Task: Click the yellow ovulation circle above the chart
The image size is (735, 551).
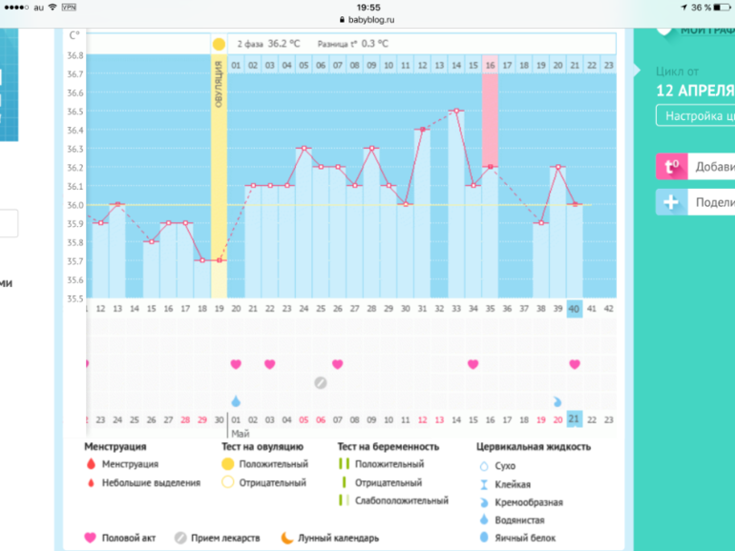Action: click(x=219, y=44)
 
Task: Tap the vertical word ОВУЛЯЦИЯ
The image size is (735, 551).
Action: click(x=219, y=84)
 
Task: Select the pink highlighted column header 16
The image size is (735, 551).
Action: click(x=490, y=66)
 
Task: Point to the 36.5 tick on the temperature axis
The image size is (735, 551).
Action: click(x=74, y=112)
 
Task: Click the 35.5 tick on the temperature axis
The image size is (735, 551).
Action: click(x=74, y=298)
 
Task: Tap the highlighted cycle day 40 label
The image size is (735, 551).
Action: click(x=574, y=308)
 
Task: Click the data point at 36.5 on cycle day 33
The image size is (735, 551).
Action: click(x=456, y=112)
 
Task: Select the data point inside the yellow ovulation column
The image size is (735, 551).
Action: click(x=219, y=260)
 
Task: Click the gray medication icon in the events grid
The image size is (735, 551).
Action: click(x=321, y=382)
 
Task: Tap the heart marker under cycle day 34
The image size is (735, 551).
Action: click(x=472, y=364)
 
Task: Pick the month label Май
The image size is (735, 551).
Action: click(x=241, y=433)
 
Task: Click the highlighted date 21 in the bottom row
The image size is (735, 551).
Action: click(x=574, y=419)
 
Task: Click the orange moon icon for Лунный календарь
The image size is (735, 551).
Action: click(x=285, y=538)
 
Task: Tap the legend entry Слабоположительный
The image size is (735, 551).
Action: click(x=401, y=500)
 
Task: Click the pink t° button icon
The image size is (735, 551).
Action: click(x=672, y=167)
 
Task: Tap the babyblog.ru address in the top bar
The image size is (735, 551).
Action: click(x=367, y=19)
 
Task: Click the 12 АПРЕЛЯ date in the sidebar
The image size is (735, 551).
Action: click(x=694, y=91)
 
